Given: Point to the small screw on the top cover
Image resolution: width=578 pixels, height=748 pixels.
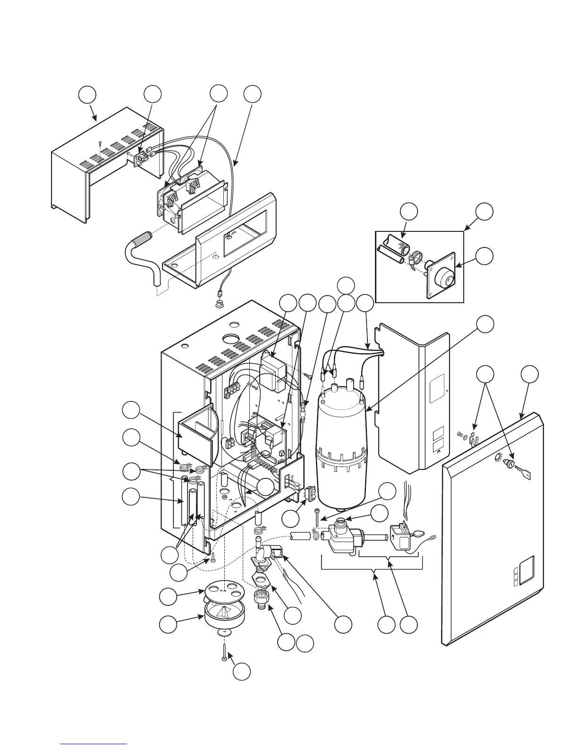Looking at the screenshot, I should tap(100, 142).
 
